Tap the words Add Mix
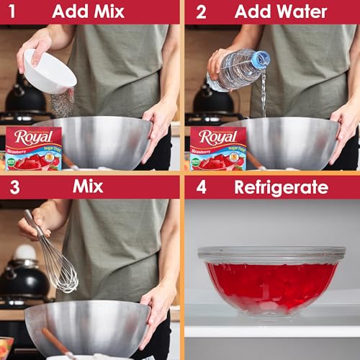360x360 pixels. click(x=88, y=12)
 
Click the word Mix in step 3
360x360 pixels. click(x=88, y=186)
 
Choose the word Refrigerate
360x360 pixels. click(x=281, y=187)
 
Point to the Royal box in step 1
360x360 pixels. click(x=33, y=148)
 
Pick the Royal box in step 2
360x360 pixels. click(x=218, y=148)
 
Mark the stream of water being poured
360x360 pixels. click(x=264, y=94)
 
